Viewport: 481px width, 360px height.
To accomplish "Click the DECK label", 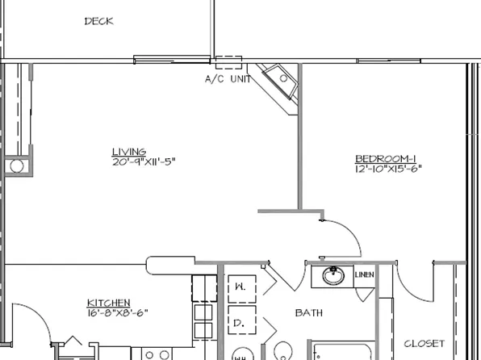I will (x=98, y=22).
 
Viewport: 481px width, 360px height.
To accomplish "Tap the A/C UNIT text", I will (x=228, y=79).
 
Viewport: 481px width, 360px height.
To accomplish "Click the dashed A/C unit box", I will (x=228, y=64).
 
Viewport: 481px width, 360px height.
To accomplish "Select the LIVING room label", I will (x=128, y=151).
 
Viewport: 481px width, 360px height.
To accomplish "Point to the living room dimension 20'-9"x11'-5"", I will (x=144, y=161).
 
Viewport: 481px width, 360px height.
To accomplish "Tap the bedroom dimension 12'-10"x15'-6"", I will (x=388, y=169).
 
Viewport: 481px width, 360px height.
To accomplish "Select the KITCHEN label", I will (x=108, y=303).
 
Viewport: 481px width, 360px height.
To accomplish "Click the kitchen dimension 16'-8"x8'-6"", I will (x=117, y=313).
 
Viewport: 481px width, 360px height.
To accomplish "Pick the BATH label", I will (x=309, y=312).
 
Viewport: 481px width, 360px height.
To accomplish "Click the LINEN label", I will (x=365, y=276).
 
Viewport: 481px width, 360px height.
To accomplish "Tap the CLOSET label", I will (x=425, y=343).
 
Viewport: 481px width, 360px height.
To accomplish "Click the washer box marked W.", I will (x=240, y=287).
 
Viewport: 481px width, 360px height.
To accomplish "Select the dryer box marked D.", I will (x=240, y=322).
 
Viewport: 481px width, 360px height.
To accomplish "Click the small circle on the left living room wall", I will (x=17, y=166).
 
